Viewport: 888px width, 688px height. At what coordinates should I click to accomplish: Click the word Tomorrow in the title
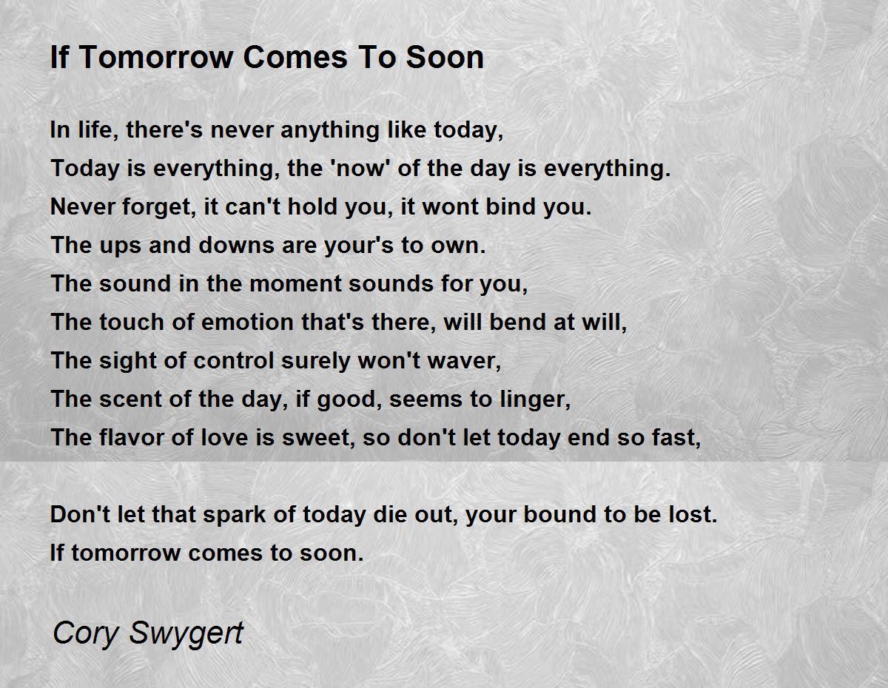point(155,57)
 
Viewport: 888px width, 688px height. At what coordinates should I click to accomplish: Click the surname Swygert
point(186,634)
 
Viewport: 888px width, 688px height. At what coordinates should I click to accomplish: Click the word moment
point(295,283)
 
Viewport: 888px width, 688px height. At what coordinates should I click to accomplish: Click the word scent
point(131,399)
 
